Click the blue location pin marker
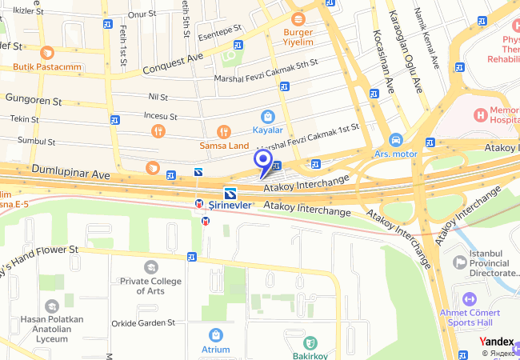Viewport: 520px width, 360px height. pyautogui.click(x=262, y=162)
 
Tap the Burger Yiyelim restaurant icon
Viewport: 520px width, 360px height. pyautogui.click(x=298, y=18)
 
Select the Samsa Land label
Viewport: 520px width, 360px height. pyautogui.click(x=224, y=145)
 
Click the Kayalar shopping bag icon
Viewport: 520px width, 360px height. pyautogui.click(x=267, y=117)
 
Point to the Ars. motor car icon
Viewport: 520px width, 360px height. pyautogui.click(x=395, y=139)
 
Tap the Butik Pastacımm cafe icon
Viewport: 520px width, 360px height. pyautogui.click(x=47, y=54)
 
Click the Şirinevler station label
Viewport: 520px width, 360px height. pyautogui.click(x=231, y=204)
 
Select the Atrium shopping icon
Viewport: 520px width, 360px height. pyautogui.click(x=214, y=334)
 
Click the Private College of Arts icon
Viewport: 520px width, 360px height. pyautogui.click(x=150, y=266)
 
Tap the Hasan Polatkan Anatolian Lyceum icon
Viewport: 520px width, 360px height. pyautogui.click(x=52, y=306)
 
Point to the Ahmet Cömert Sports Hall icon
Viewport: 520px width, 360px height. pyautogui.click(x=469, y=298)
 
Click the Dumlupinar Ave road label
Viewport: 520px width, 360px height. pyautogui.click(x=70, y=171)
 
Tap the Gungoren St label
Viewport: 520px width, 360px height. pyautogui.click(x=34, y=101)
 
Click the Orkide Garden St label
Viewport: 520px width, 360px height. pyautogui.click(x=143, y=323)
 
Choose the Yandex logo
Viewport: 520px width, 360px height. pyautogui.click(x=497, y=341)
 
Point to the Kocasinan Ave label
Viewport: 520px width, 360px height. pyautogui.click(x=383, y=59)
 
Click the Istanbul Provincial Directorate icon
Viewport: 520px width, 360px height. pyautogui.click(x=459, y=262)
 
